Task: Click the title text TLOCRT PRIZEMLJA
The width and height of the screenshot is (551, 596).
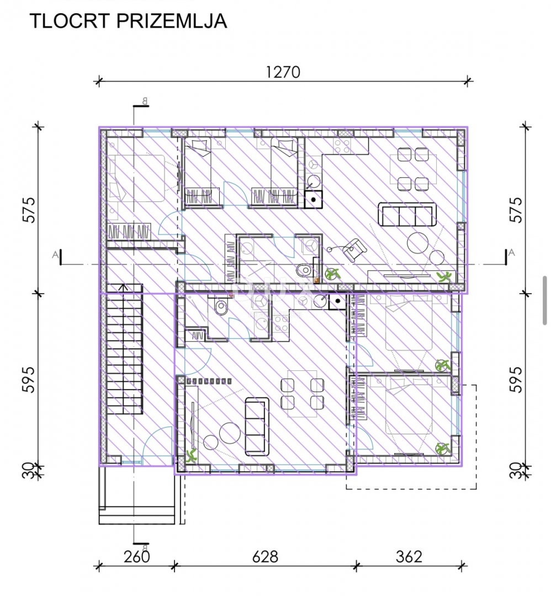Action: [128, 22]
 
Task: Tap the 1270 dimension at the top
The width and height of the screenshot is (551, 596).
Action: [283, 72]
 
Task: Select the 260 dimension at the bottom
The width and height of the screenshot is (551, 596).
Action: [137, 557]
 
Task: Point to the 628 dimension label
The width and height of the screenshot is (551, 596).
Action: [266, 557]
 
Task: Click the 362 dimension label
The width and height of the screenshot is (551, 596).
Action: [409, 557]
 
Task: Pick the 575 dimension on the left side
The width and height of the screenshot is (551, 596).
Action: [30, 210]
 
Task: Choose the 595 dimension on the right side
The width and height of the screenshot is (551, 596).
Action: [516, 379]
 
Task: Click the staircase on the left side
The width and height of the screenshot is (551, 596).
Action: [124, 349]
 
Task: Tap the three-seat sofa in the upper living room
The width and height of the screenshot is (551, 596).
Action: [407, 215]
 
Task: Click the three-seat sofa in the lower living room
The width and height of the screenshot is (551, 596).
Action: [257, 427]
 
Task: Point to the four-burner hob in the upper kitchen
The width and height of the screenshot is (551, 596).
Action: [342, 145]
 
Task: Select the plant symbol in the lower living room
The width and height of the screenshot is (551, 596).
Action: [191, 455]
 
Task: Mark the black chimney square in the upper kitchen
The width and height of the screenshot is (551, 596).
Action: [314, 199]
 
